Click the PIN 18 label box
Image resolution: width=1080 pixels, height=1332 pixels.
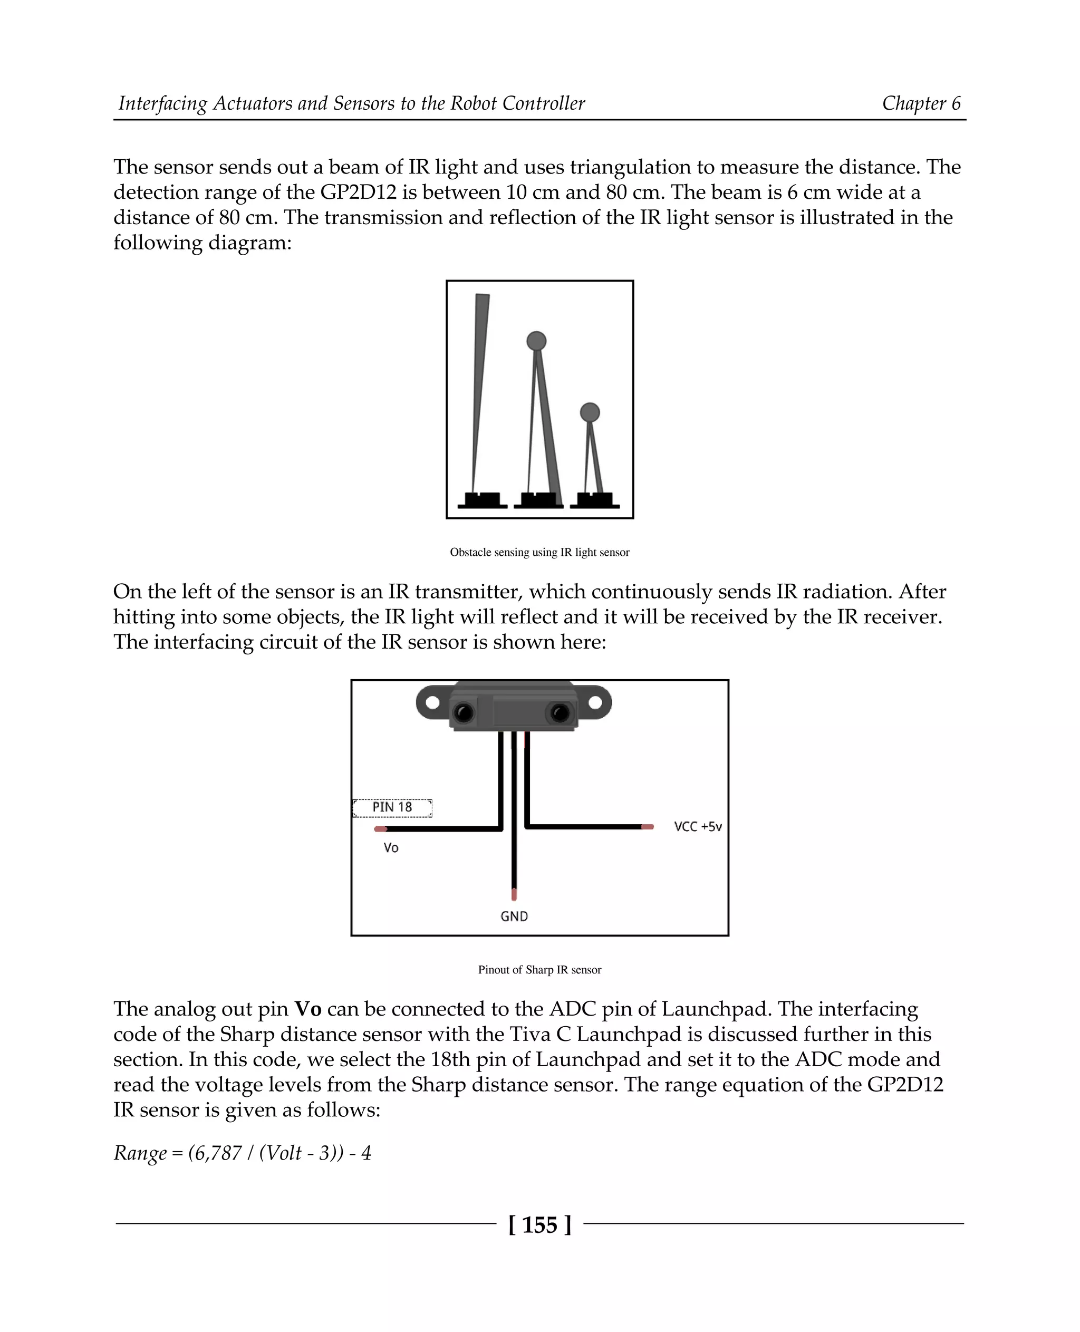392,807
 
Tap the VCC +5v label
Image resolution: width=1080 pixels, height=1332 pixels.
697,827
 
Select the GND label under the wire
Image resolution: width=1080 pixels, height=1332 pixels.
514,916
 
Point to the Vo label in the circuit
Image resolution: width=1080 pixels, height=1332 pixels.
391,848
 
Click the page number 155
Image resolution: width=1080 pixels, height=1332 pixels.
539,1225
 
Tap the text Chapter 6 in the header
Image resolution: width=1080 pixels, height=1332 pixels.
921,103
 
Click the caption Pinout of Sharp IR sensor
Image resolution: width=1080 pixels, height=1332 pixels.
539,970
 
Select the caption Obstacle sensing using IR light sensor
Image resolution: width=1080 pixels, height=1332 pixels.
539,553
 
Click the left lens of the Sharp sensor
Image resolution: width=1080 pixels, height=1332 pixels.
463,712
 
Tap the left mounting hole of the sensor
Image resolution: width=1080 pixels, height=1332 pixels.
432,702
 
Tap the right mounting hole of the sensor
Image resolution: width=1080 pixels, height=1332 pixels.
595,702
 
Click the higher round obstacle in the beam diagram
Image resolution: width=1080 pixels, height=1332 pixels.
536,341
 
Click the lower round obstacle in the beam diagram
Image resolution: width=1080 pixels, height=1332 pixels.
590,412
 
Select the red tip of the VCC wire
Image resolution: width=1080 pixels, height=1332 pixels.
648,827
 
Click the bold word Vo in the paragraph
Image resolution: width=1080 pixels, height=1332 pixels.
307,1009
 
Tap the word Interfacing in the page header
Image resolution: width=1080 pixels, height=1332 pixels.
163,103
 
